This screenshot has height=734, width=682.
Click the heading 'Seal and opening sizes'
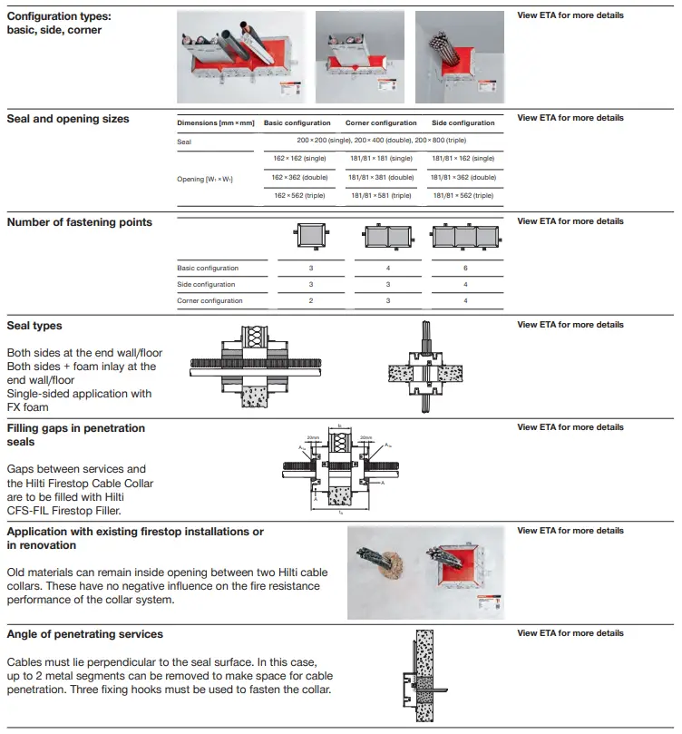[x=68, y=119]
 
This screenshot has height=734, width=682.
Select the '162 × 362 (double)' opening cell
[x=300, y=177]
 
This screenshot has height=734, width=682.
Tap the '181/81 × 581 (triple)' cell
[x=380, y=195]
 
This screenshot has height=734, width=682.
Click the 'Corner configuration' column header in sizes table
[x=381, y=122]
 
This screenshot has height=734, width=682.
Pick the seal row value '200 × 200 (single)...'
[x=382, y=141]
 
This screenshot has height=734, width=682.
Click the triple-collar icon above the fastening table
[x=465, y=238]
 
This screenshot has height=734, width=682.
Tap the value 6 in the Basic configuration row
[x=465, y=269]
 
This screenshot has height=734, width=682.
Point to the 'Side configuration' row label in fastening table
[x=206, y=285]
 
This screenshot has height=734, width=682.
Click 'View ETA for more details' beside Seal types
[x=570, y=325]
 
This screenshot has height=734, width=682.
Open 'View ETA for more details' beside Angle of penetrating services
[x=570, y=633]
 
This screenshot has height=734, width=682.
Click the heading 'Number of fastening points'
[x=80, y=222]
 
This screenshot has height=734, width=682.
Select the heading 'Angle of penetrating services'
[x=85, y=634]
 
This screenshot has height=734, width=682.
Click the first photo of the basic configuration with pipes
[x=241, y=56]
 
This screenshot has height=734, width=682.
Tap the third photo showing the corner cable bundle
[x=460, y=56]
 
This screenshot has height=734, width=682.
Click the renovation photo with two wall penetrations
[x=425, y=573]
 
